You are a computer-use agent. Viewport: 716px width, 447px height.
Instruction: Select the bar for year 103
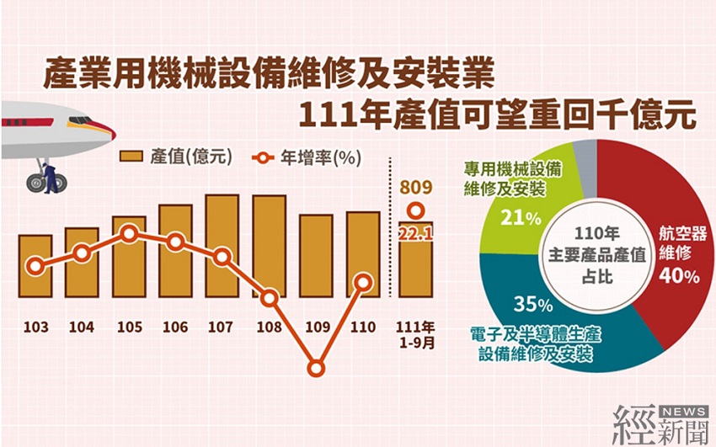coord(35,265)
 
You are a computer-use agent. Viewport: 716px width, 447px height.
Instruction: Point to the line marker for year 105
coord(129,234)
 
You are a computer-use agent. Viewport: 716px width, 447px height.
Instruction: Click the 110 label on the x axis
coord(362,326)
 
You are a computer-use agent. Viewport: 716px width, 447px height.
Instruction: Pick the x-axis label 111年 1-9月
coord(416,332)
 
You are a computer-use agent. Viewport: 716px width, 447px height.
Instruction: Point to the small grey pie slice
coord(585,157)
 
